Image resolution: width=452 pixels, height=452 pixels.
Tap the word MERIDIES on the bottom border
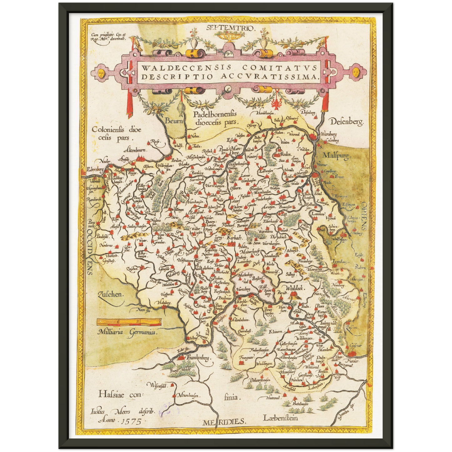click(224, 422)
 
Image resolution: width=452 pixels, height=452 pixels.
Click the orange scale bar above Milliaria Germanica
click(129, 321)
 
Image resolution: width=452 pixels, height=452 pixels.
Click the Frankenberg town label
click(198, 357)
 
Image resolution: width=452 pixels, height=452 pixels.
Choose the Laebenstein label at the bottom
click(280, 418)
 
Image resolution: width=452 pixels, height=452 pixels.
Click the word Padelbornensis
click(215, 114)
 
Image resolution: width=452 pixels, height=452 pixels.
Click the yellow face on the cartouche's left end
click(101, 74)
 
